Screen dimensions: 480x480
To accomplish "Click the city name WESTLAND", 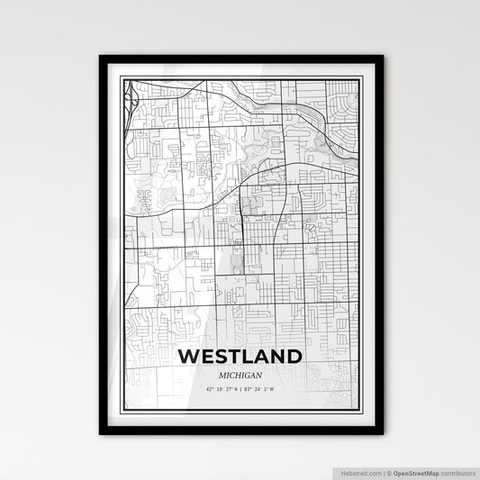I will [x=240, y=357].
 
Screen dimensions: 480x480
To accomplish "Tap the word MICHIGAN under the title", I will [x=240, y=376].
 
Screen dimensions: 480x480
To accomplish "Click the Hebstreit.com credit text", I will [x=361, y=473].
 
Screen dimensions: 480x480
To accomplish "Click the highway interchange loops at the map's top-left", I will [x=131, y=94].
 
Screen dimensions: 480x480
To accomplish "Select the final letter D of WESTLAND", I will [x=293, y=357].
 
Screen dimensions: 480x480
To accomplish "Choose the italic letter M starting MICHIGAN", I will [x=222, y=376].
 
